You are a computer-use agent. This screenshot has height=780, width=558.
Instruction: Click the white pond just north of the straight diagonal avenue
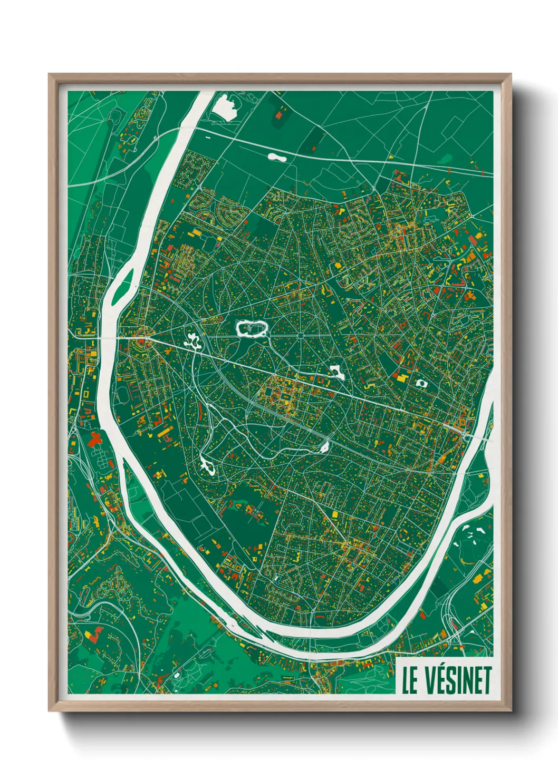336,372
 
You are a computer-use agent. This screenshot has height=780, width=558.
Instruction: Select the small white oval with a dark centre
421,383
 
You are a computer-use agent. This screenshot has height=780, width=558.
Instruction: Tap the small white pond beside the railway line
324,447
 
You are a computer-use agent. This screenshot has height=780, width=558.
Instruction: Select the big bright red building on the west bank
95,438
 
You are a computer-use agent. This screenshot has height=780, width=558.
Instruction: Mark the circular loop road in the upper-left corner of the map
116,119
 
